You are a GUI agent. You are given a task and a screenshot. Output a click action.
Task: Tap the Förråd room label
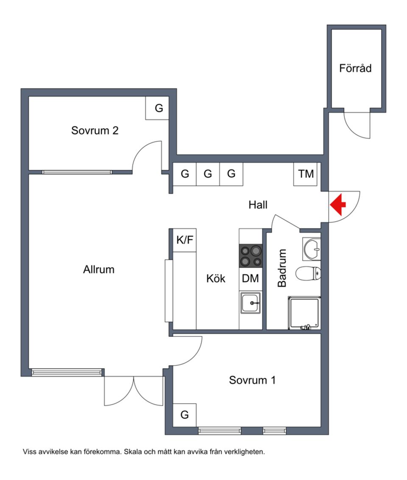[355, 68]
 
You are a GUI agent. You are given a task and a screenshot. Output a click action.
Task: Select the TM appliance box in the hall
[305, 174]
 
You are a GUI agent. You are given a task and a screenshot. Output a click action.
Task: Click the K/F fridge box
[184, 241]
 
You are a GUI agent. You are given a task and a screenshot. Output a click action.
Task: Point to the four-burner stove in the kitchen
[251, 256]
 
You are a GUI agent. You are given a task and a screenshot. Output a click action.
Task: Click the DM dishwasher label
[250, 279]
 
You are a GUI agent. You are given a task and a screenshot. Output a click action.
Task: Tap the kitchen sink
[250, 303]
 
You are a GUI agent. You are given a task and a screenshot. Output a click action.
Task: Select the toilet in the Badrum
[308, 273]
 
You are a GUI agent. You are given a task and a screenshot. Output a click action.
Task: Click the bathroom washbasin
[312, 248]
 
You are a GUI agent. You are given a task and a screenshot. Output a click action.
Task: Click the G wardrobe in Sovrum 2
[159, 108]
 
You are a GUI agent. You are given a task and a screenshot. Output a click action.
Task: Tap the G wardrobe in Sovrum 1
[184, 415]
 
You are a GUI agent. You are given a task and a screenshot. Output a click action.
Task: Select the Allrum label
[99, 269]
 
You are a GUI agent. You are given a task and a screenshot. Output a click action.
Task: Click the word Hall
[258, 205]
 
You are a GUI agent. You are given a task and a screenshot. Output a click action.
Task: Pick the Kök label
[216, 279]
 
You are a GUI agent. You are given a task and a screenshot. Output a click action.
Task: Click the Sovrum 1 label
[252, 380]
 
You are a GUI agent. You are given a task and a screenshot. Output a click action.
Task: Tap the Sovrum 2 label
[95, 130]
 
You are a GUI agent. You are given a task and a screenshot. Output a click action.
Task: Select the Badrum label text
[282, 268]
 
